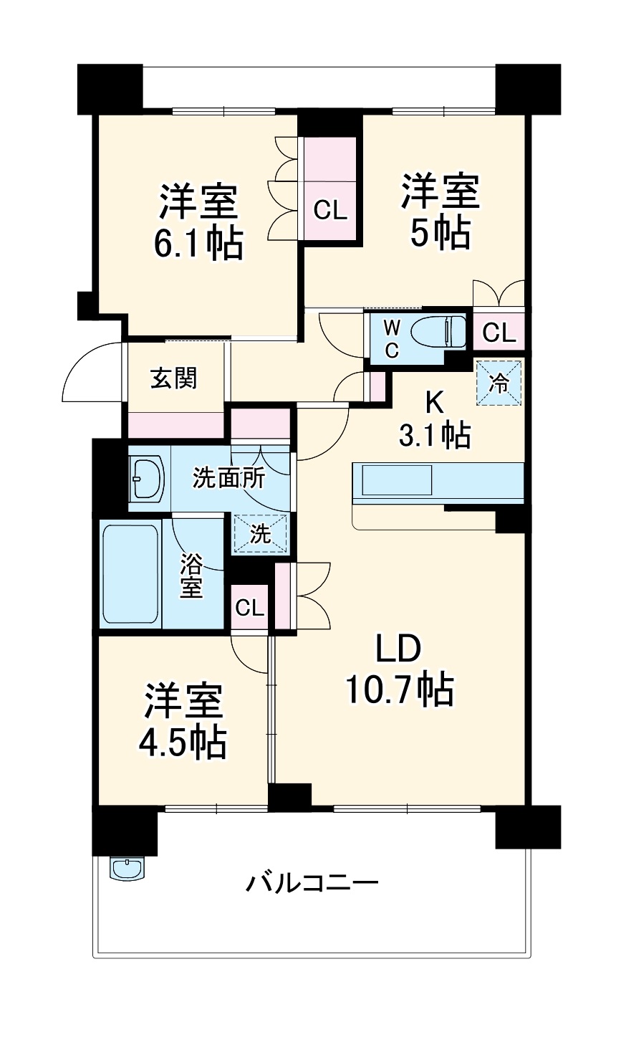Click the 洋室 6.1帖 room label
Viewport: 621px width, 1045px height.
click(x=198, y=221)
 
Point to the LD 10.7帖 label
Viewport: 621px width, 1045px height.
click(x=398, y=670)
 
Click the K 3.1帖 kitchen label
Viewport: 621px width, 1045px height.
click(x=434, y=419)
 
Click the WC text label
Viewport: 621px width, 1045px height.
click(x=391, y=339)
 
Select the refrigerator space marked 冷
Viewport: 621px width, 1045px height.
click(x=500, y=382)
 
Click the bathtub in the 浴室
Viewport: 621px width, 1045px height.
click(x=130, y=574)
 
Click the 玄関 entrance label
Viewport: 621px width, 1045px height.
click(x=173, y=378)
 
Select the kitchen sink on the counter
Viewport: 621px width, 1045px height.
click(x=398, y=479)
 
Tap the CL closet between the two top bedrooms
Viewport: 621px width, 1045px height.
click(x=330, y=209)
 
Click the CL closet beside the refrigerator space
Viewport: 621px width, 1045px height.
click(x=499, y=333)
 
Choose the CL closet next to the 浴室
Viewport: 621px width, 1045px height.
click(x=250, y=609)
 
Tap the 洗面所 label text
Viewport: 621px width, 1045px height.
click(x=228, y=478)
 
